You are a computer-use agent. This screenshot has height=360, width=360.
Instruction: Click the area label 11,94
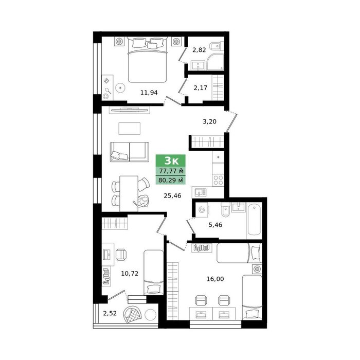149,93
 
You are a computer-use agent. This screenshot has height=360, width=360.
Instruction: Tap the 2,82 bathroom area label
199,50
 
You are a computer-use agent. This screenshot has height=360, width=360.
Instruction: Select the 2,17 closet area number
201,88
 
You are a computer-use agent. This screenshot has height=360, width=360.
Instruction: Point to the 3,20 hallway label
209,121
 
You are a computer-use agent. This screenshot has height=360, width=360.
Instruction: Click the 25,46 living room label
172,195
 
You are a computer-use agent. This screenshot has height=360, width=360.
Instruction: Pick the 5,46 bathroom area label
215,225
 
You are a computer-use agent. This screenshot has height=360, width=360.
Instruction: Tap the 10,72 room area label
130,274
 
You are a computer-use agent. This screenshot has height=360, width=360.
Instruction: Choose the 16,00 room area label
215,279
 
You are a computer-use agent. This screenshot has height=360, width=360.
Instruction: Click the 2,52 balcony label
110,313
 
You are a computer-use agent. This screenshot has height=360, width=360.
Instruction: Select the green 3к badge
171,160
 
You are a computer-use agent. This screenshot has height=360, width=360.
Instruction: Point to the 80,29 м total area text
171,180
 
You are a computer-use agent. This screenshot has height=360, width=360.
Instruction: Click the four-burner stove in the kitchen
218,180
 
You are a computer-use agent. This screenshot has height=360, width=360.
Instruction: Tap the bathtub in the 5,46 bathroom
254,221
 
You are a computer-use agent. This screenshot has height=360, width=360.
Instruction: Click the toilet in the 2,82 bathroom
217,47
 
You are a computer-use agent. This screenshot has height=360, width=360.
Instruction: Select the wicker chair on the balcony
132,314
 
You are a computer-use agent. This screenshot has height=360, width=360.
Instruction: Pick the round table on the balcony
150,314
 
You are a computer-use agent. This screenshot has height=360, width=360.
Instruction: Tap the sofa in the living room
129,152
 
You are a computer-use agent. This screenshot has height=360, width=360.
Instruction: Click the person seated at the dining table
142,201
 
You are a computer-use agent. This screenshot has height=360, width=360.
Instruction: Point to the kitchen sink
200,192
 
